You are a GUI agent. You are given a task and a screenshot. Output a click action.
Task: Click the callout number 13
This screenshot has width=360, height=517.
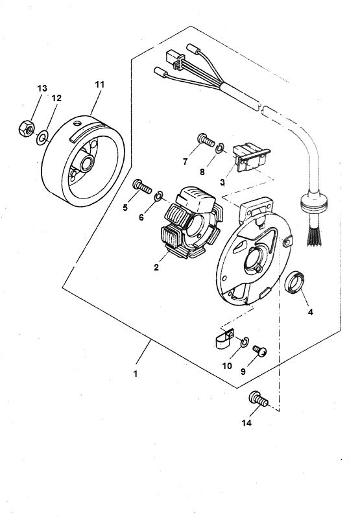(x=42, y=88)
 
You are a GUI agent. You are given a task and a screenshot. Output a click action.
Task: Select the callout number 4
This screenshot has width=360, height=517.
(x=310, y=312)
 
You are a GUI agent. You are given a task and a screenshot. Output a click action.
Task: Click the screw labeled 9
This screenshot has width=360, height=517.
(x=261, y=351)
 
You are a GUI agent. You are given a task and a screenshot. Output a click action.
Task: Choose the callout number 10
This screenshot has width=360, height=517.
(x=227, y=366)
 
